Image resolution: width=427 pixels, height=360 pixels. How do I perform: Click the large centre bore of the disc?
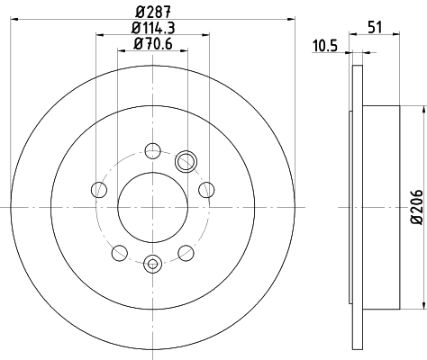pos(152,206)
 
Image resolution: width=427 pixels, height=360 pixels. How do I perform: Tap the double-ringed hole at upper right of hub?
pos(186,161)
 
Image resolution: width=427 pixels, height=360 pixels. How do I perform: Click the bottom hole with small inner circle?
pos(152,264)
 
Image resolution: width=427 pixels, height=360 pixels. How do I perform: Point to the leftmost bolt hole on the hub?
pos(98,189)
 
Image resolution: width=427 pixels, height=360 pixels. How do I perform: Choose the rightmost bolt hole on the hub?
pos(206,189)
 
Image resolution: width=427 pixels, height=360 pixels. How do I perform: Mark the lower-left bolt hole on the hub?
pos(119,252)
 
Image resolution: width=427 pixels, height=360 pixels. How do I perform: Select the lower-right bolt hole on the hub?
pos(186,252)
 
